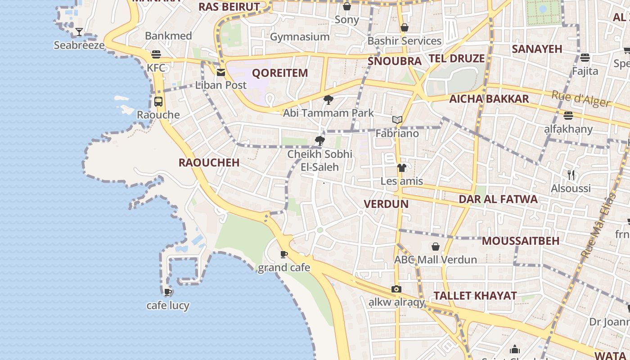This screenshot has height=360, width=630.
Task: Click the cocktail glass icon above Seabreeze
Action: (x=79, y=31)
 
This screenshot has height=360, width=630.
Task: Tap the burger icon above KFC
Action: (x=156, y=54)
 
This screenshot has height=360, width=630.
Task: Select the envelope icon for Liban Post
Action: (x=221, y=72)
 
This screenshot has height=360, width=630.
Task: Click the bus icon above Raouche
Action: (x=158, y=102)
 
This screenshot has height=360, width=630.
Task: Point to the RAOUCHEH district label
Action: (x=209, y=163)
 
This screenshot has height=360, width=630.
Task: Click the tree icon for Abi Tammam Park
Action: (x=328, y=100)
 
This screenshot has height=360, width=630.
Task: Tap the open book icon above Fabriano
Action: (x=397, y=120)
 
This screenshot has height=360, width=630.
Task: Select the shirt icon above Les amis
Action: (x=401, y=168)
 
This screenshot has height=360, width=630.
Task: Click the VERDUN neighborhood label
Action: (x=386, y=204)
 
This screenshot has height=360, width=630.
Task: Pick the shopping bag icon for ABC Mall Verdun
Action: (x=436, y=247)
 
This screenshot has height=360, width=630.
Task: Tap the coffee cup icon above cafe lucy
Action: (x=168, y=292)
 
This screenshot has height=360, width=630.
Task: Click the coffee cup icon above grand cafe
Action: (x=284, y=255)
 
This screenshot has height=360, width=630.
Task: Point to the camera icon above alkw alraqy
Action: (x=396, y=289)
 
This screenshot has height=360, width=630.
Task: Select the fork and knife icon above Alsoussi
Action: (x=571, y=175)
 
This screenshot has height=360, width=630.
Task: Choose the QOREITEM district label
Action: (x=280, y=73)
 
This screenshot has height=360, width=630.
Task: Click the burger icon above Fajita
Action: (x=585, y=58)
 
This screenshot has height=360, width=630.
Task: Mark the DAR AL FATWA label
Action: (x=498, y=199)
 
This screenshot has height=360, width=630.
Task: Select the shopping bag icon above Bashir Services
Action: (x=405, y=28)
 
